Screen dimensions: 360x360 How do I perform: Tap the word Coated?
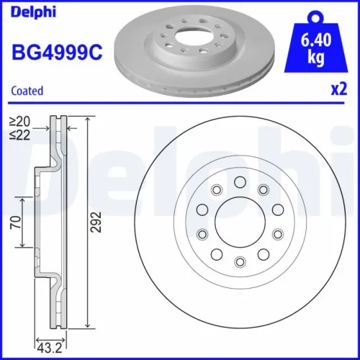click(27, 91)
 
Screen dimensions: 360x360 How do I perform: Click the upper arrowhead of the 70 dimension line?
click(24, 198)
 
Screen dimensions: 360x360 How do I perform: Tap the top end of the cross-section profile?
click(55, 117)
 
